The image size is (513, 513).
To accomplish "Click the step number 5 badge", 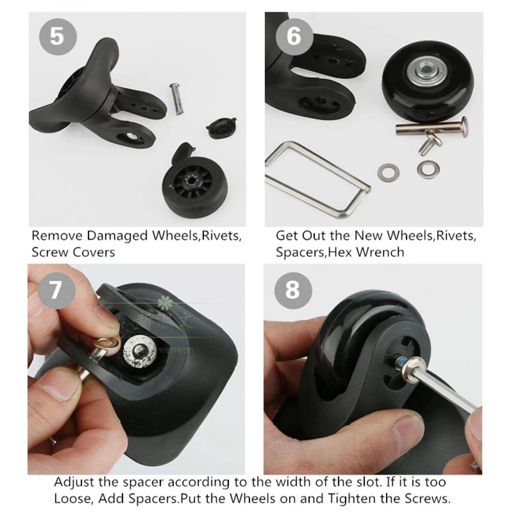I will point(58,36).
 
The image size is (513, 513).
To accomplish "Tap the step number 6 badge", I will point(294,36).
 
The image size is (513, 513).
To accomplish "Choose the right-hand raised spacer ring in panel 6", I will point(428,168).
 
